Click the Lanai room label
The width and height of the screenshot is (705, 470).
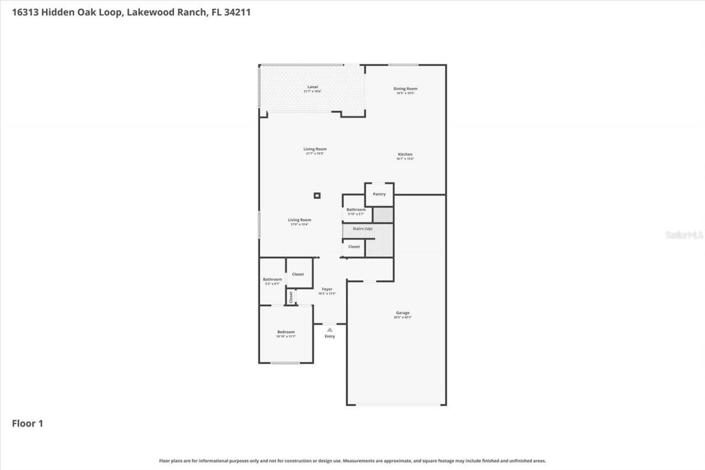(312, 87)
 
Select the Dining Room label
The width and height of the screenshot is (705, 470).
(405, 89)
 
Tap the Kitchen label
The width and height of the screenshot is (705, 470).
(405, 154)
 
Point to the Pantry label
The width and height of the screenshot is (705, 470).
(379, 194)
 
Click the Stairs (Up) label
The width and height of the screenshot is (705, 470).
(361, 229)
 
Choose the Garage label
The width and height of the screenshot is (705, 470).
(403, 313)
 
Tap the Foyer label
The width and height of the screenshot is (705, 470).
(327, 289)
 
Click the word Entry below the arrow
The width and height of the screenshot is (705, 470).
(329, 336)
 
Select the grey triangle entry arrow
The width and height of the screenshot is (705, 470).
(329, 329)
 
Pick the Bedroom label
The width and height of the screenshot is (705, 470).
(286, 332)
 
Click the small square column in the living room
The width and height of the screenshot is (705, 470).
(317, 195)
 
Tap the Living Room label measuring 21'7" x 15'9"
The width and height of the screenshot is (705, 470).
(315, 149)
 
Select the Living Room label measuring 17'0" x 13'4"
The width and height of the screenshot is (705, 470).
(300, 220)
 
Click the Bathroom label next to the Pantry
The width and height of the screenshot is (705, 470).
(356, 209)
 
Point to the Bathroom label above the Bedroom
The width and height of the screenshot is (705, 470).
(272, 279)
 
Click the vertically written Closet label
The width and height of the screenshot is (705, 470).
(291, 297)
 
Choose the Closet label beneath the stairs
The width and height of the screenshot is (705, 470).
(354, 247)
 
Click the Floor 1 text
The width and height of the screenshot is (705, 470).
(28, 424)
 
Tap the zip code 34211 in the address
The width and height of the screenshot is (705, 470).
(237, 12)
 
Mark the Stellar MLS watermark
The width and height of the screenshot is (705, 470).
(684, 235)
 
